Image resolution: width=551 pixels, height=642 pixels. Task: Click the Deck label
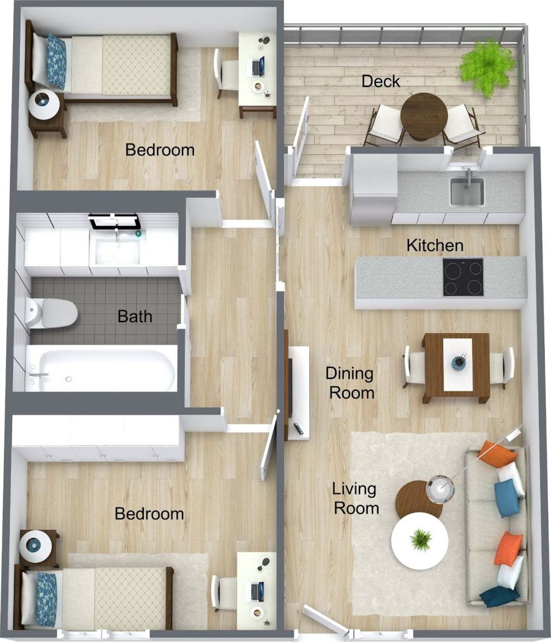pyautogui.click(x=381, y=81)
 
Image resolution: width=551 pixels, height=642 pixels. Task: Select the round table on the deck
pyautogui.click(x=423, y=116)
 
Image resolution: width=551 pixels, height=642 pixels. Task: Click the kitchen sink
pyautogui.click(x=467, y=192)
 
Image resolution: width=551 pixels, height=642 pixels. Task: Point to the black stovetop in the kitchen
pyautogui.click(x=462, y=277)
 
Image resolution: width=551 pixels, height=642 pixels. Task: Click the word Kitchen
pyautogui.click(x=435, y=245)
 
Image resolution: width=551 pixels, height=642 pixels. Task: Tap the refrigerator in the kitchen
pyautogui.click(x=373, y=189)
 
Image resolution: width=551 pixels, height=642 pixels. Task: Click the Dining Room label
pyautogui.click(x=350, y=383)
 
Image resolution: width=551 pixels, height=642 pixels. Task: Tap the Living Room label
pyautogui.click(x=356, y=498)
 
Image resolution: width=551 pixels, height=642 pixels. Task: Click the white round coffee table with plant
pyautogui.click(x=420, y=540)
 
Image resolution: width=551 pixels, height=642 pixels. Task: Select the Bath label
pyautogui.click(x=134, y=316)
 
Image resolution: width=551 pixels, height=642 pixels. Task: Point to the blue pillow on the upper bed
pyautogui.click(x=56, y=61)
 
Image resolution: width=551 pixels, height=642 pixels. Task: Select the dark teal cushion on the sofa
pyautogui.click(x=499, y=597)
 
